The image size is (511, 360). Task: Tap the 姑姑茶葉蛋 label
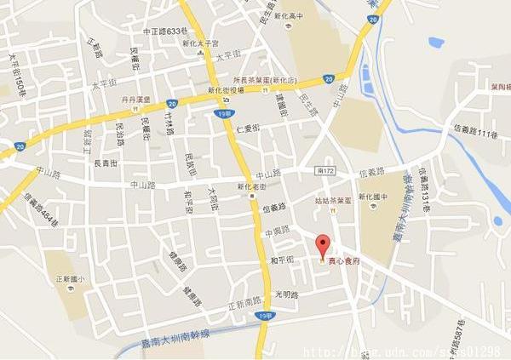pyautogui.click(x=331, y=201)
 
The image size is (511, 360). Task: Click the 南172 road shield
pyautogui.click(x=325, y=171)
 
